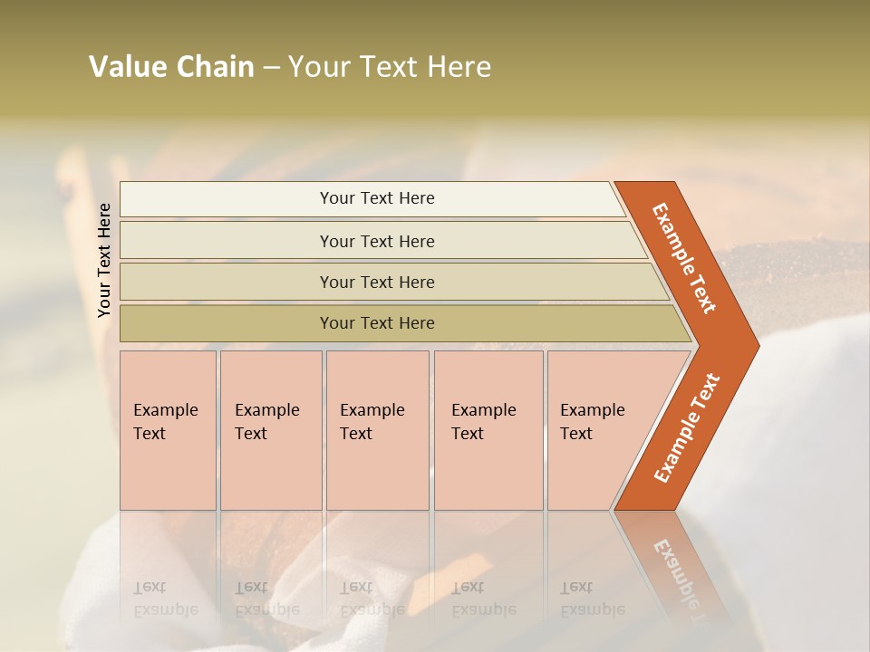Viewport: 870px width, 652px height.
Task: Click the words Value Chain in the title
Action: pos(171,67)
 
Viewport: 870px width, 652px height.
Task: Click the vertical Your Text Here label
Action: pos(104,260)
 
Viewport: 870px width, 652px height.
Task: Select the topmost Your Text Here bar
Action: pos(376,198)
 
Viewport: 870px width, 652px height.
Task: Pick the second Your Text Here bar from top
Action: pos(376,241)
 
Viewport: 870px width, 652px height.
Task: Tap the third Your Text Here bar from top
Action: pos(376,282)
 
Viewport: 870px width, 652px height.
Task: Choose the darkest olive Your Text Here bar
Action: pos(376,323)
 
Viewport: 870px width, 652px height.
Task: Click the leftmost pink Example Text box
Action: pos(168,430)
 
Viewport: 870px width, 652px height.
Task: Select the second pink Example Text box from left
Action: pos(271,430)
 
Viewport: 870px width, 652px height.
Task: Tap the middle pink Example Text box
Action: pos(377,430)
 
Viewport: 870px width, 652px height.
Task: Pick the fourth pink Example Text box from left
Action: pos(488,430)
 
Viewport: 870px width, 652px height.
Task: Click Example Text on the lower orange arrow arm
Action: pos(687,427)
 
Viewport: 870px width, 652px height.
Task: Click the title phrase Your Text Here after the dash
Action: pos(390,67)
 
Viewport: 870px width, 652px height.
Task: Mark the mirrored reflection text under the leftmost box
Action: pos(165,599)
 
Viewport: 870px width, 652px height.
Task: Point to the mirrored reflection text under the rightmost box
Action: pos(592,599)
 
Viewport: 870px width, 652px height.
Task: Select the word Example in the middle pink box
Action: pos(372,410)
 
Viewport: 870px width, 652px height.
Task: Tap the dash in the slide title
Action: pos(271,68)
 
